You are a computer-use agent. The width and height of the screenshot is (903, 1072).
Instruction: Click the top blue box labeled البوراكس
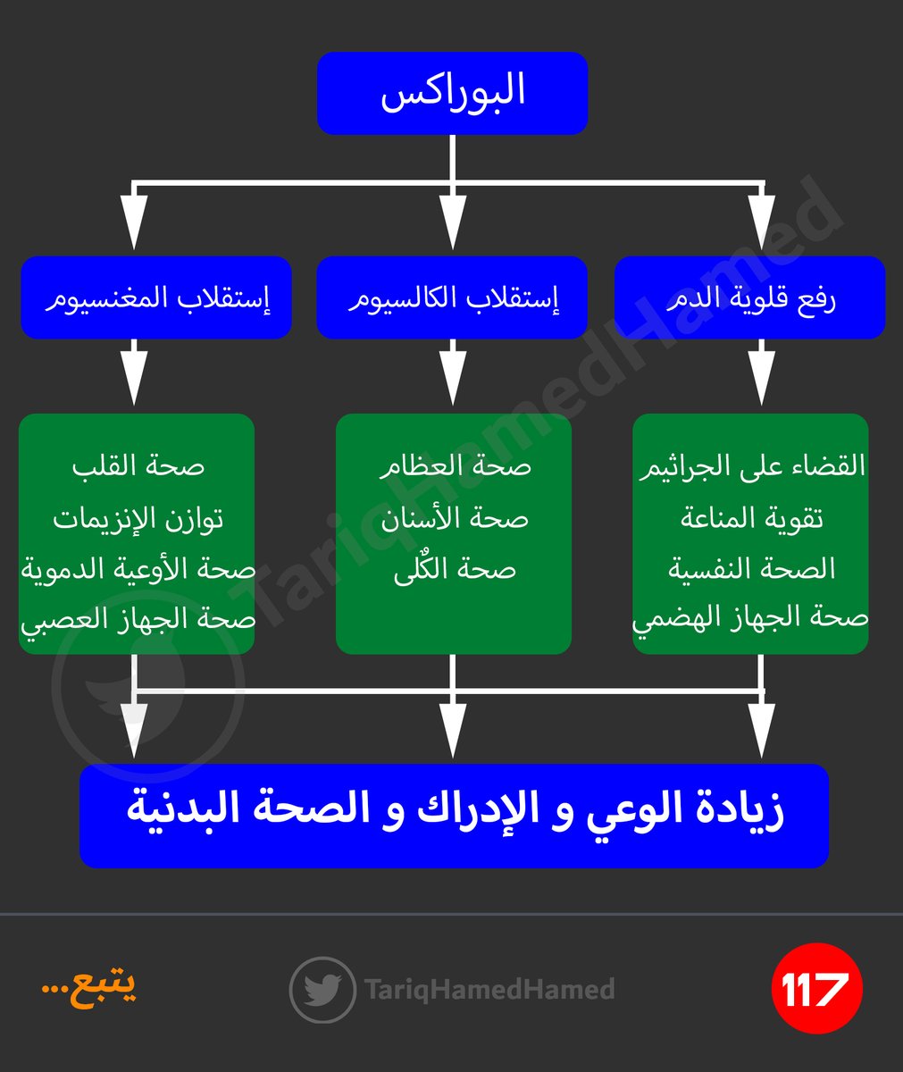(452, 94)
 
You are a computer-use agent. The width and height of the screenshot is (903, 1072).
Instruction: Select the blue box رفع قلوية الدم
(750, 298)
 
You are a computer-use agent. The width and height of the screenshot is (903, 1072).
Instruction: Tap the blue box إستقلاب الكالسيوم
(452, 298)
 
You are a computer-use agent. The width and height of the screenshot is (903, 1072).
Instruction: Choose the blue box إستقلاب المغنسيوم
(156, 298)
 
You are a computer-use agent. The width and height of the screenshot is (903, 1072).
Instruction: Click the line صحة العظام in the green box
(455, 466)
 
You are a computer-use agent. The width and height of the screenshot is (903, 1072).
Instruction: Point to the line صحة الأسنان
(455, 518)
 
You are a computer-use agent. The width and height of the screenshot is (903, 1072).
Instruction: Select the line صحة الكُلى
(455, 569)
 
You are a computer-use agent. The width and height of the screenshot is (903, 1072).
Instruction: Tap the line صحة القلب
(138, 466)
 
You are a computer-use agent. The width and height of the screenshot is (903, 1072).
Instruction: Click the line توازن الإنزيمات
(138, 518)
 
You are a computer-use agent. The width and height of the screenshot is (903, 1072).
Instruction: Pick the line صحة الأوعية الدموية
(138, 569)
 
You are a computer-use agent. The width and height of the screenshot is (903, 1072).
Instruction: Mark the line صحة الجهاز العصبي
(138, 619)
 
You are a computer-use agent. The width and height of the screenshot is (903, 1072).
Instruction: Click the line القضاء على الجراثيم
(751, 466)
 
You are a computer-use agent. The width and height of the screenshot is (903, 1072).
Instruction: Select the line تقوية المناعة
(751, 518)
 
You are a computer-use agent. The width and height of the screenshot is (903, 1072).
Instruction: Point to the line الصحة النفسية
(751, 569)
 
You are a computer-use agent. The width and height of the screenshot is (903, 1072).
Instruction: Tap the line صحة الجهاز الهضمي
(751, 619)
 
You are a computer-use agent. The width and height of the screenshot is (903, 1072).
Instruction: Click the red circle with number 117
(815, 989)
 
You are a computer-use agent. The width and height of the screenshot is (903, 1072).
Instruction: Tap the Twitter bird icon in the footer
(322, 990)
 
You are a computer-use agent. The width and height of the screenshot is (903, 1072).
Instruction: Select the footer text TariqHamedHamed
(489, 990)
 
